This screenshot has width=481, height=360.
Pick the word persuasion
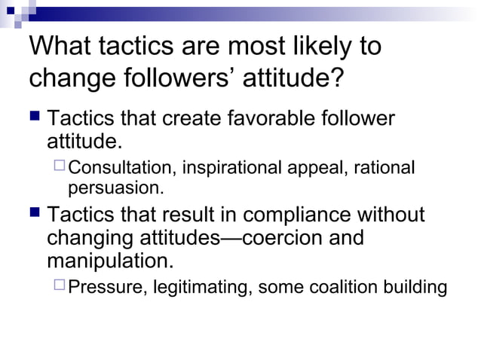click(115, 185)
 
